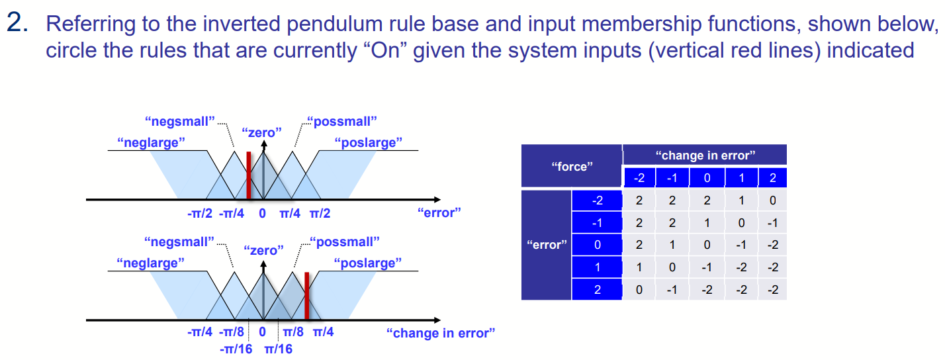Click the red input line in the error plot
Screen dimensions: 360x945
point(248,175)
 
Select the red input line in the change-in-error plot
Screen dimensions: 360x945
point(306,296)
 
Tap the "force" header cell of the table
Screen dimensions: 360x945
point(571,167)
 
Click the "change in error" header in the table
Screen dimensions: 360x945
point(705,156)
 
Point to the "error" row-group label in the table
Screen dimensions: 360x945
point(546,246)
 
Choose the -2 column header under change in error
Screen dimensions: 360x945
point(639,178)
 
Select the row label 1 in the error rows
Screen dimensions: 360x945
point(596,268)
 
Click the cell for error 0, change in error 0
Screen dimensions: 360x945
point(707,246)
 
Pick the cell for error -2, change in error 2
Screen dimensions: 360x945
point(772,201)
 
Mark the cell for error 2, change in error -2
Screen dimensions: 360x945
point(639,290)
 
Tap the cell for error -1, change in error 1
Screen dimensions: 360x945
point(741,223)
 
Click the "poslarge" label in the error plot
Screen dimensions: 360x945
point(369,142)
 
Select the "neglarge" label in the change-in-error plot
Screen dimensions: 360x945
point(150,263)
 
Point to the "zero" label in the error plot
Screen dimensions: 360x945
point(262,132)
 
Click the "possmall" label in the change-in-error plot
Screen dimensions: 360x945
point(345,242)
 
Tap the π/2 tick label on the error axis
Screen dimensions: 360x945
point(319,213)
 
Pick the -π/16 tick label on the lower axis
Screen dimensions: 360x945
point(236,349)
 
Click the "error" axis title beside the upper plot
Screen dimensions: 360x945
point(439,212)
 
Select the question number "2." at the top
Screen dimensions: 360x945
point(18,25)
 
